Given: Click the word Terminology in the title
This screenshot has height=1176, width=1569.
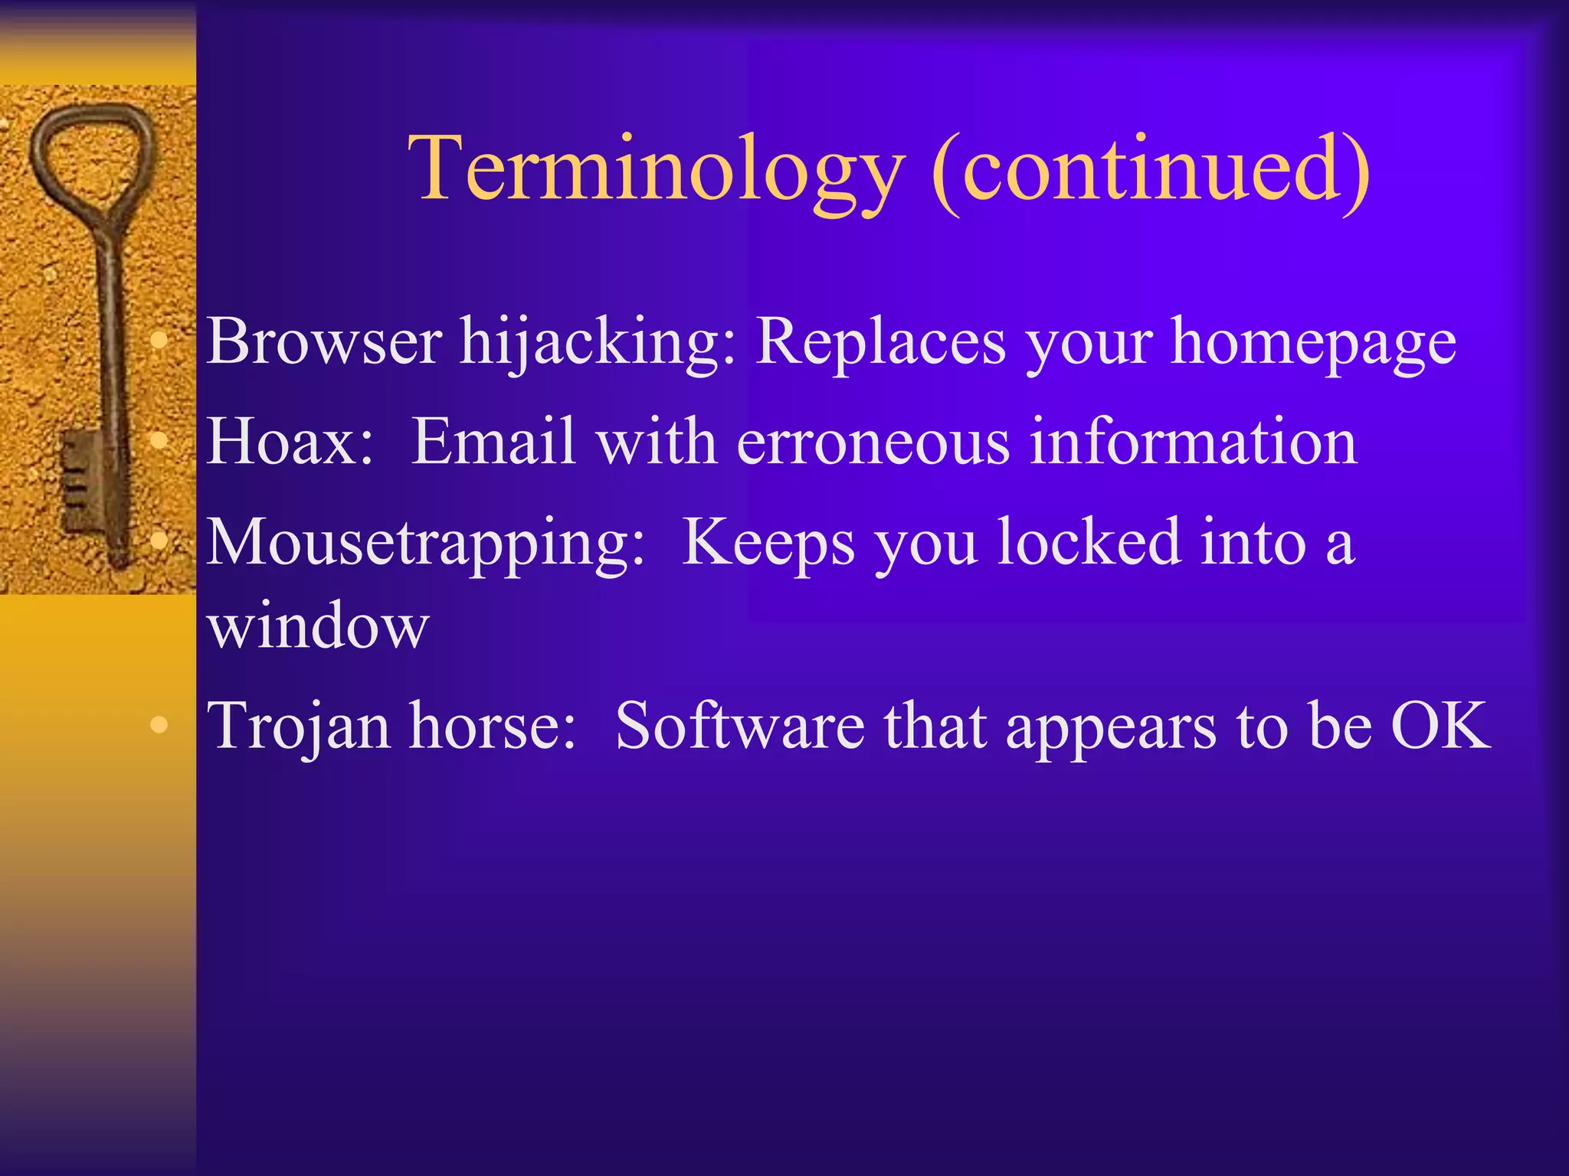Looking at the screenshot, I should [x=656, y=170].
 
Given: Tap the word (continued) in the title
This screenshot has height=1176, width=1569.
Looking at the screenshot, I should [x=1151, y=170].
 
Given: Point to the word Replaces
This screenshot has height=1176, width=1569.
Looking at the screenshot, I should [x=880, y=342].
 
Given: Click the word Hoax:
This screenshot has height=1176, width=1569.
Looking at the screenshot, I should [x=290, y=442].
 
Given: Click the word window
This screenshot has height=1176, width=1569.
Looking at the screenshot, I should [x=318, y=626].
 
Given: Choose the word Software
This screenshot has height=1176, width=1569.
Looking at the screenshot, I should [x=739, y=726].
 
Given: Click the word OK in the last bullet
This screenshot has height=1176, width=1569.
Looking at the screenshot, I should [x=1440, y=726].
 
